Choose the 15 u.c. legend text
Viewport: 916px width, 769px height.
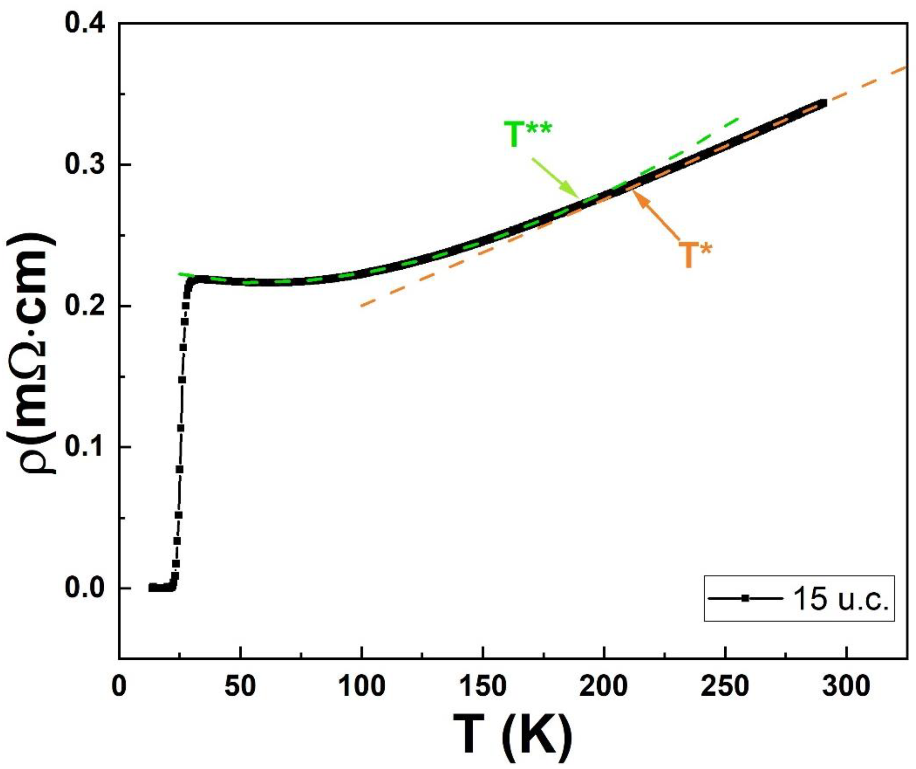tap(840, 599)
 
